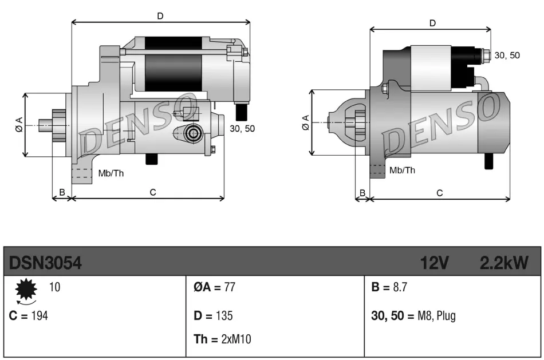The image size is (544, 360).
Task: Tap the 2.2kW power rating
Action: coord(503,263)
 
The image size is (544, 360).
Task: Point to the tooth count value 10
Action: coord(54,287)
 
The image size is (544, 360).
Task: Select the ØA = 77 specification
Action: coord(215,287)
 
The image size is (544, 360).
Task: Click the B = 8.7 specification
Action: coord(389,287)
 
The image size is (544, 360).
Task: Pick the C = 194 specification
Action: coord(29,315)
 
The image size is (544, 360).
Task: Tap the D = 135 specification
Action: coord(213,315)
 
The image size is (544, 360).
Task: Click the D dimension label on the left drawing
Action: coord(160,16)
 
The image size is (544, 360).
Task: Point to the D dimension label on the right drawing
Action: coord(432,23)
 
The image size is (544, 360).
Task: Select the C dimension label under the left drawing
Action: coord(153,192)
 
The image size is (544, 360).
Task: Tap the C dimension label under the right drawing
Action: coord(439,193)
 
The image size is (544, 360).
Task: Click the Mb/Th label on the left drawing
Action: coord(111,173)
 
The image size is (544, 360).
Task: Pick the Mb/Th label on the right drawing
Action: coord(403,170)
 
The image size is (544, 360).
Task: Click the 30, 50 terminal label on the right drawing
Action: coord(507,56)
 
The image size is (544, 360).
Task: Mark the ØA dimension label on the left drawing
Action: coord(18,125)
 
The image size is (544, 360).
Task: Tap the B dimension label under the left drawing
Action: coord(62,192)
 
